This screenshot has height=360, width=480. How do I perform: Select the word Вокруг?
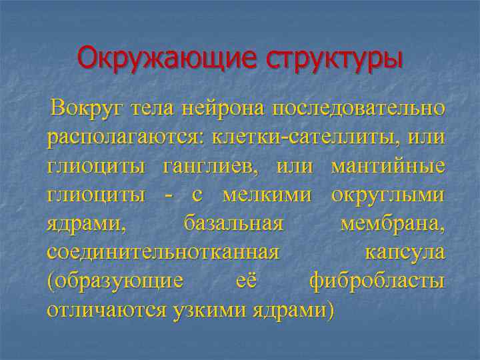(91, 107)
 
